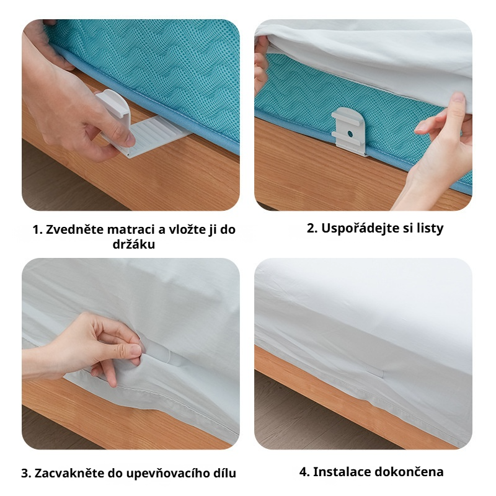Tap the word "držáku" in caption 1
(x=134, y=244)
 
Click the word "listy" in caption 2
(x=430, y=228)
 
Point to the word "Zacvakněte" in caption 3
(x=69, y=473)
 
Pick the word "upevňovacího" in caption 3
(x=166, y=474)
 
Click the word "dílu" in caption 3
(x=223, y=473)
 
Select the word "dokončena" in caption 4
(x=410, y=472)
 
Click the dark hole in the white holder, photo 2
(x=350, y=134)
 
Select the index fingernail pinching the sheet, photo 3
(x=136, y=350)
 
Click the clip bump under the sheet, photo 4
(x=376, y=371)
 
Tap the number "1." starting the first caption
(x=38, y=229)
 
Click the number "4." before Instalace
(x=304, y=472)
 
